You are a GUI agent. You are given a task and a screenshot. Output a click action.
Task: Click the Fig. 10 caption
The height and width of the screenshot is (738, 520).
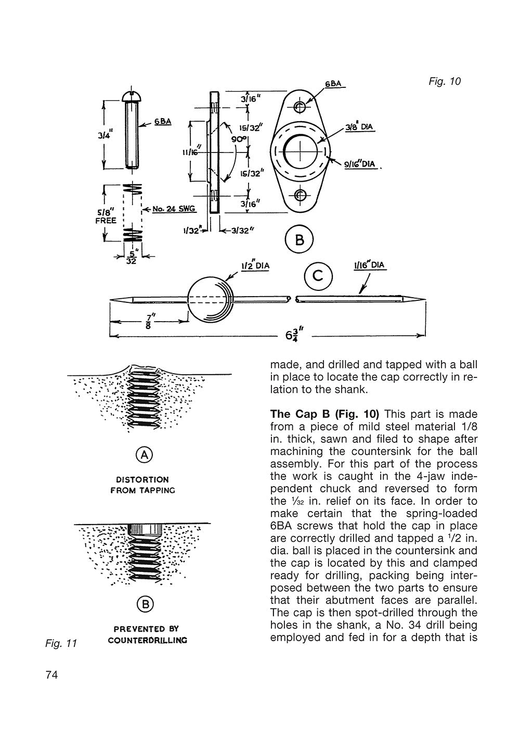tap(445, 82)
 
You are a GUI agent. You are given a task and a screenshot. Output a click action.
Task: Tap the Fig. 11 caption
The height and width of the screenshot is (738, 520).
tap(61, 643)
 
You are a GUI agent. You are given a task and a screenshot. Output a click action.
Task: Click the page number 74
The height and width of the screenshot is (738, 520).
tap(51, 676)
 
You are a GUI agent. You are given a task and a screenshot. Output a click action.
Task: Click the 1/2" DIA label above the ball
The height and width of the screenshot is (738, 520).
tap(255, 265)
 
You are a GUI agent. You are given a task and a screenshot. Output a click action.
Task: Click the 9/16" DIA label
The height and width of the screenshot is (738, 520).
tap(360, 164)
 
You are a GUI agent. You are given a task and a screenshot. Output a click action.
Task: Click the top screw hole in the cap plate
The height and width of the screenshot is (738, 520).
tap(300, 107)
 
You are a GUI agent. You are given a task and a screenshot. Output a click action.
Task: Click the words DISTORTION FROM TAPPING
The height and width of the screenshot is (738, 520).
tap(142, 485)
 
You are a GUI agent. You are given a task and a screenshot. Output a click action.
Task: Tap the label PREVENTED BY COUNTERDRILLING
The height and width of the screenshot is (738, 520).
tap(147, 634)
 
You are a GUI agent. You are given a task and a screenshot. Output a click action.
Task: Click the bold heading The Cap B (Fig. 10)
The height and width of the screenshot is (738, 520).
tap(324, 414)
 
